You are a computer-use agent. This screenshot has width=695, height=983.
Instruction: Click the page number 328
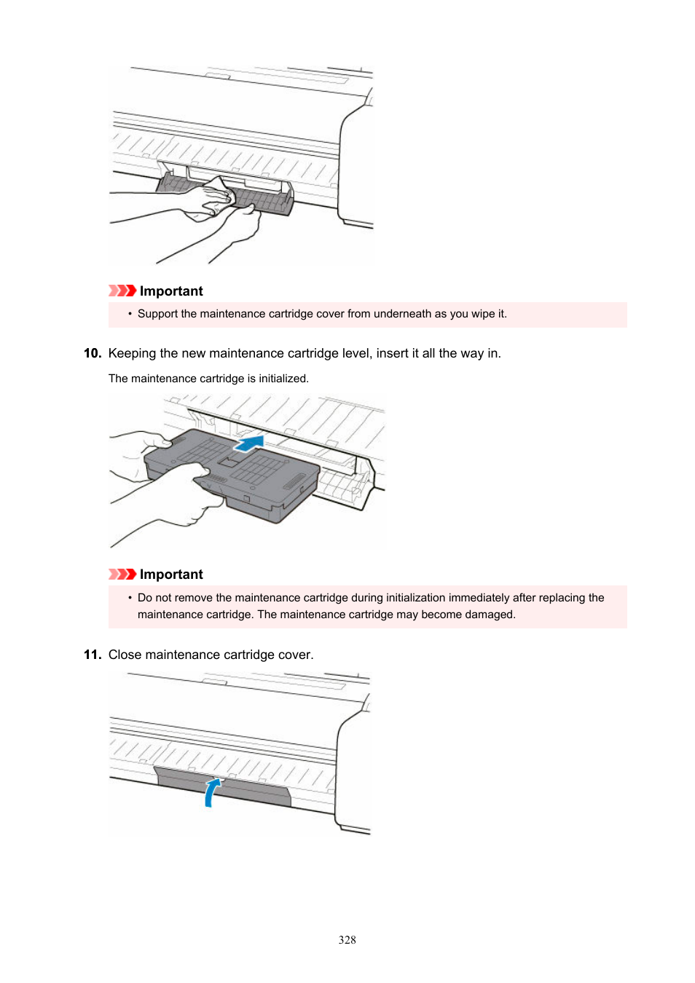[347, 940]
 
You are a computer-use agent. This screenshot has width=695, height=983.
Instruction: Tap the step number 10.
[92, 353]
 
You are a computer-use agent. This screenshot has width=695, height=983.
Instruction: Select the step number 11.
[92, 655]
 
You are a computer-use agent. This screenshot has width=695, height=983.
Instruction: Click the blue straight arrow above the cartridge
[249, 443]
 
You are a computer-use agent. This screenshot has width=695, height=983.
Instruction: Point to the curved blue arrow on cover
[212, 792]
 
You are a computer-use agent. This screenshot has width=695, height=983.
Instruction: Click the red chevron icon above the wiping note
[122, 291]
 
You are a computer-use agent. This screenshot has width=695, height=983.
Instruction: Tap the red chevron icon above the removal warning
[122, 574]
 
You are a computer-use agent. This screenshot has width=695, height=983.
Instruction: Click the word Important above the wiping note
[171, 291]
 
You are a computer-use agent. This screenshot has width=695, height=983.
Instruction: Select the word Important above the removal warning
[171, 575]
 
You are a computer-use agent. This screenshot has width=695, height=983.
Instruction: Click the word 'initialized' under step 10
[283, 379]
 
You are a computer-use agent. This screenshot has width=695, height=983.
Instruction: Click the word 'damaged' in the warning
[490, 615]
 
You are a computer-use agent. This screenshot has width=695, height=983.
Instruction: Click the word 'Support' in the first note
[157, 314]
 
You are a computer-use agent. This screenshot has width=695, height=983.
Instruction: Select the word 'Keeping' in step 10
[132, 353]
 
